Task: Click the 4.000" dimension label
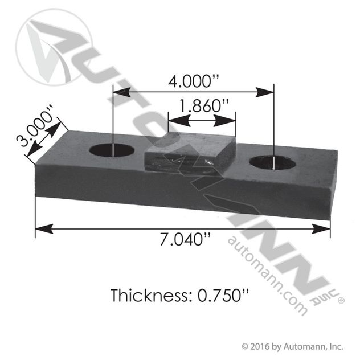coord(194,81)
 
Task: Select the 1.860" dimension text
coord(203,106)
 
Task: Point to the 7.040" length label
coord(185,239)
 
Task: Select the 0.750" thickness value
coord(223,295)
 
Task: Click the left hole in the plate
coord(112,150)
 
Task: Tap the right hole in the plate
coord(272,162)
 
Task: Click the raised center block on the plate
coord(190,153)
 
